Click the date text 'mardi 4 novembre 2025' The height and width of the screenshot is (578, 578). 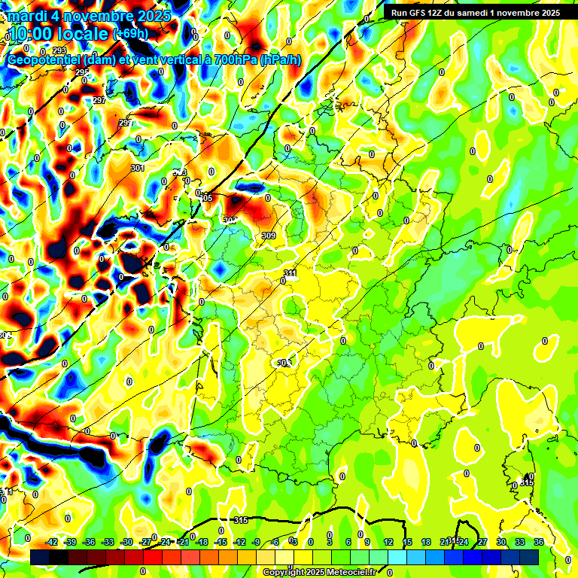point(89,15)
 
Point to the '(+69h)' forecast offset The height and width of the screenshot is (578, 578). point(130,33)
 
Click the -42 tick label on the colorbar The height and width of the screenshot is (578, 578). point(52,542)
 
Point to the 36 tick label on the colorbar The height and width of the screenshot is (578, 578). point(539,542)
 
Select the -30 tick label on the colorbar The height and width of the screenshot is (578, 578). point(127,542)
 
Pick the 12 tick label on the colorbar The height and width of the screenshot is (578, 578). point(388,542)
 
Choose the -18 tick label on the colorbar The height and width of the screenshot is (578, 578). point(202,542)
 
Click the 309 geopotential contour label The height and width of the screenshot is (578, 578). point(269,236)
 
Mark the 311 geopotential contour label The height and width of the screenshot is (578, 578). point(291,272)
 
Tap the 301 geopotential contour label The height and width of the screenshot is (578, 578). point(137,168)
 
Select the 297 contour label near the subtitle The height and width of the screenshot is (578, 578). point(99,100)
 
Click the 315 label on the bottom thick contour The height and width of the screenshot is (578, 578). point(241,520)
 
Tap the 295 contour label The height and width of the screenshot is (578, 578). point(82,72)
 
